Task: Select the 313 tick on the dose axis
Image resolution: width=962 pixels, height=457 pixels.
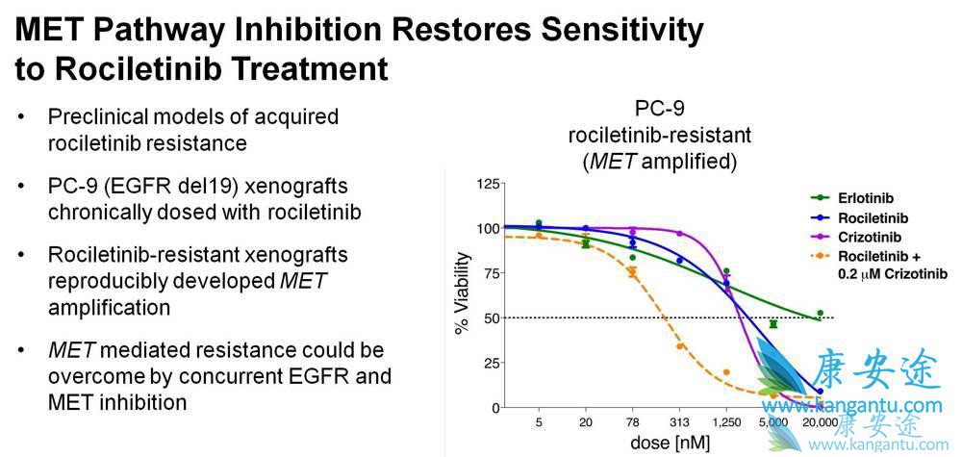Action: [x=679, y=422]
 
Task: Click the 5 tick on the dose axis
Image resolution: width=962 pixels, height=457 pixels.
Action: [x=539, y=422]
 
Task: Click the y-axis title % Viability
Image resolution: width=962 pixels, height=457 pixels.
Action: [x=464, y=293]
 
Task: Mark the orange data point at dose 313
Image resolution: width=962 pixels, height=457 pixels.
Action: [x=680, y=346]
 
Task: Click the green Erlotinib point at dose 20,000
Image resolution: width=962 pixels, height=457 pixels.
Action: [x=819, y=314]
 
